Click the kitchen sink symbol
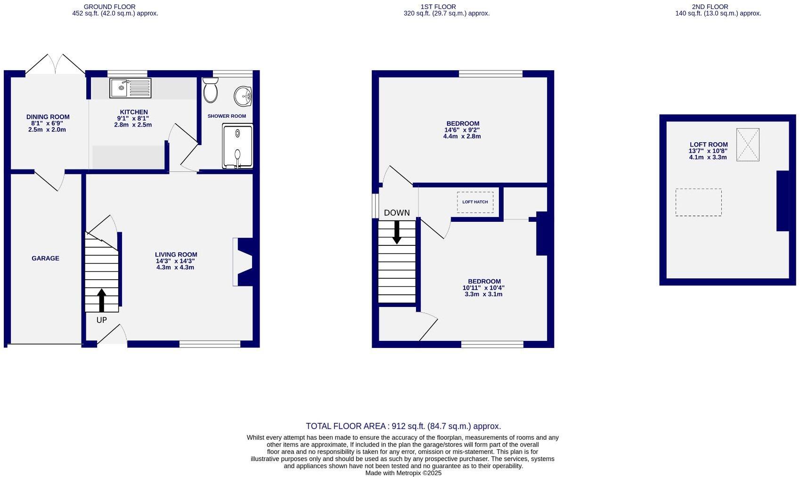pyautogui.click(x=131, y=88)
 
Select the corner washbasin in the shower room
pyautogui.click(x=243, y=97)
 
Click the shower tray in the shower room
pyautogui.click(x=237, y=146)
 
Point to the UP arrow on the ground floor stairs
pyautogui.click(x=101, y=300)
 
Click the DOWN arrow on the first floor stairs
pyautogui.click(x=397, y=232)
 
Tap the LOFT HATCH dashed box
pyautogui.click(x=475, y=202)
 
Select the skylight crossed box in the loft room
pyautogui.click(x=748, y=145)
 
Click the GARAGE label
pyautogui.click(x=45, y=258)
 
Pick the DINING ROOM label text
pyautogui.click(x=48, y=117)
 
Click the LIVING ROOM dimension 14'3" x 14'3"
pyautogui.click(x=175, y=261)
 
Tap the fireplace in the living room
pyautogui.click(x=245, y=262)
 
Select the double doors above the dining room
pyautogui.click(x=56, y=65)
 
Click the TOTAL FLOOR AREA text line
pyautogui.click(x=403, y=426)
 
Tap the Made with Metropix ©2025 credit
pyautogui.click(x=403, y=473)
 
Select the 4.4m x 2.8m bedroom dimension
pyautogui.click(x=462, y=137)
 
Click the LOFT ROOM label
pyautogui.click(x=709, y=145)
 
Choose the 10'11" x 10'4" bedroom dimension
pyautogui.click(x=483, y=288)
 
